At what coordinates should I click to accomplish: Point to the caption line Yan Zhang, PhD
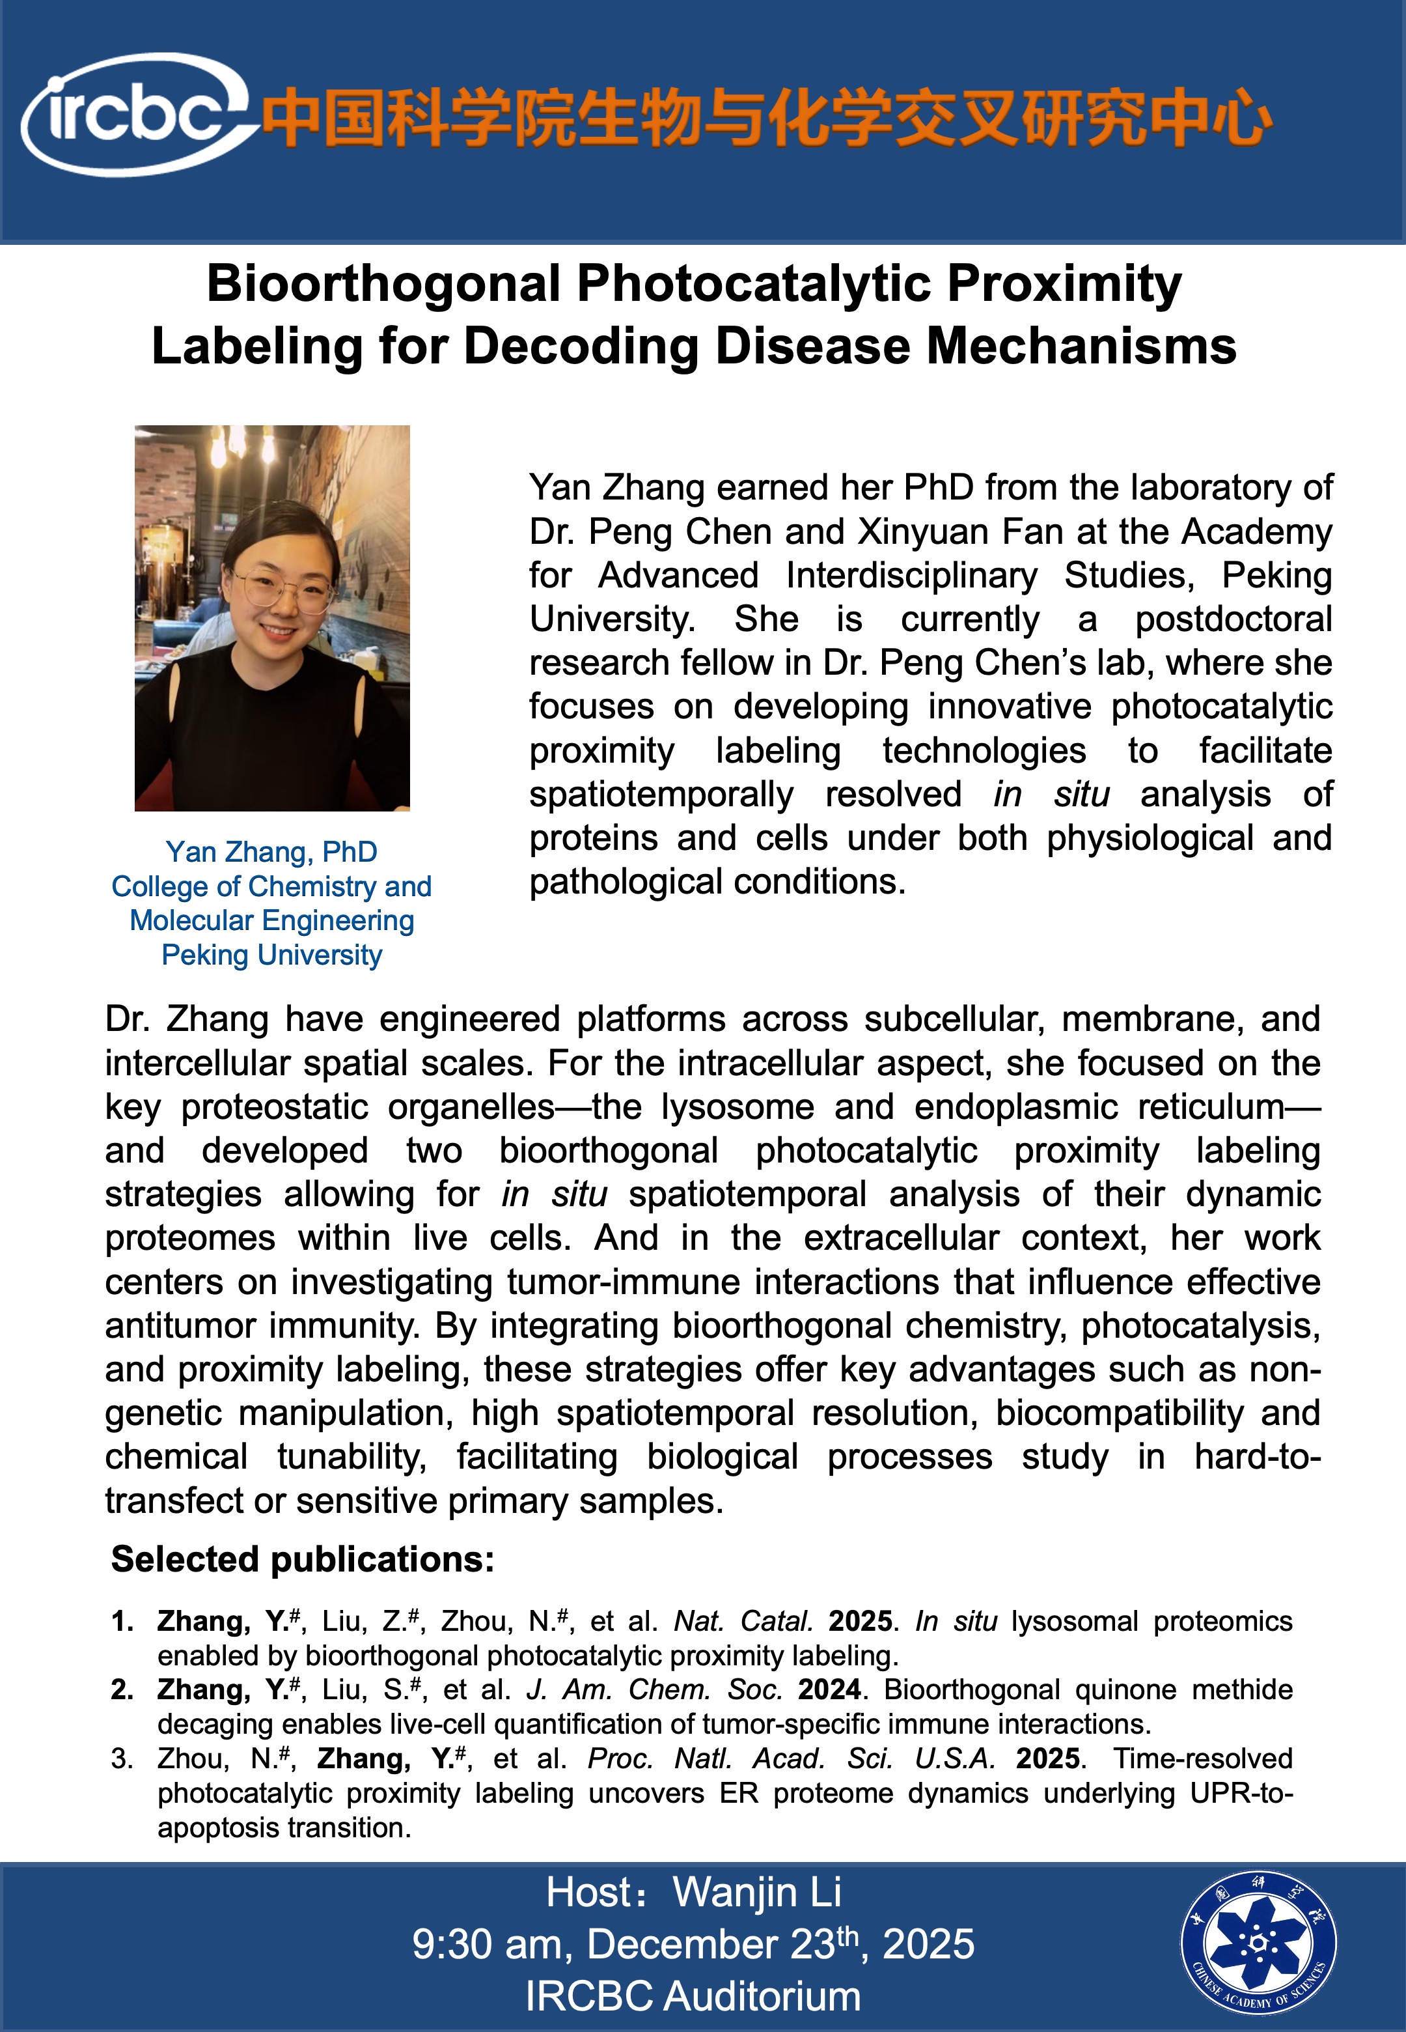click(x=271, y=852)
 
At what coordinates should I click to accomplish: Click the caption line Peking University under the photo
click(x=271, y=955)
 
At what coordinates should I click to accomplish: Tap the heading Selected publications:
click(x=302, y=1560)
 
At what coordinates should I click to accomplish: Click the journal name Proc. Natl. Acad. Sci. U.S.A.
click(x=791, y=1759)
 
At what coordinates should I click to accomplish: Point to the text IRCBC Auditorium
click(x=693, y=1997)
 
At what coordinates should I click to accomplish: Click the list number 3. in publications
click(x=122, y=1759)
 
